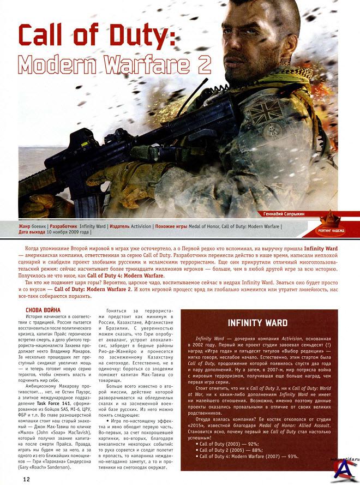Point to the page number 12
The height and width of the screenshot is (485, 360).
tap(26, 479)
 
